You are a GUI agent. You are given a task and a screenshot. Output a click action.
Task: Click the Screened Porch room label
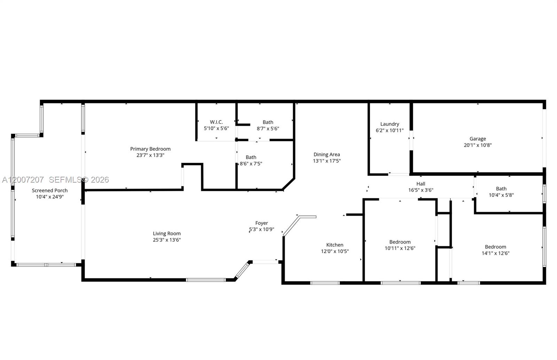point(50,190)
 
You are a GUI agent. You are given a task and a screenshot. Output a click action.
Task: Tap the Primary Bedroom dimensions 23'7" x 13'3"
point(150,155)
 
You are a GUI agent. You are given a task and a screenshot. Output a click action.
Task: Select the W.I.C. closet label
point(216,122)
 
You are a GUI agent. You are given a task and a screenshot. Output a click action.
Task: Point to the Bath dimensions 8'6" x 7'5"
point(251,163)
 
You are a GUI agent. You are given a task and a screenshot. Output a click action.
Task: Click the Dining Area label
point(327,154)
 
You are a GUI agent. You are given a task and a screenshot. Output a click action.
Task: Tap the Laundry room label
point(390,124)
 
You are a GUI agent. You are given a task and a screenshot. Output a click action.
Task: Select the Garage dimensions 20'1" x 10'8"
point(477,145)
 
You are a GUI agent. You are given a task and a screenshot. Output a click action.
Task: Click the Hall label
point(421,184)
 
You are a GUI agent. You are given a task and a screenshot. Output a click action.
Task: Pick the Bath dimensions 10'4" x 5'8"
point(501,195)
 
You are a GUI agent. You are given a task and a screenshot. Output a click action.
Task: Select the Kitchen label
point(335,245)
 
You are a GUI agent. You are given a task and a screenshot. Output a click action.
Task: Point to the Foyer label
point(261,223)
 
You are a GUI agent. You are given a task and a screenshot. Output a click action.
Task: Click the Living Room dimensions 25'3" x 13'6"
point(167,240)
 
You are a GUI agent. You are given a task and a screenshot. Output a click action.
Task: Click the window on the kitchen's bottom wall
point(325,283)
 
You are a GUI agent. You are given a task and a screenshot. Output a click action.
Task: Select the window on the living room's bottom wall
point(206,280)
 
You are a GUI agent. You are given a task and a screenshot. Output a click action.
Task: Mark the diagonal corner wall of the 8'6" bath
point(289,184)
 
